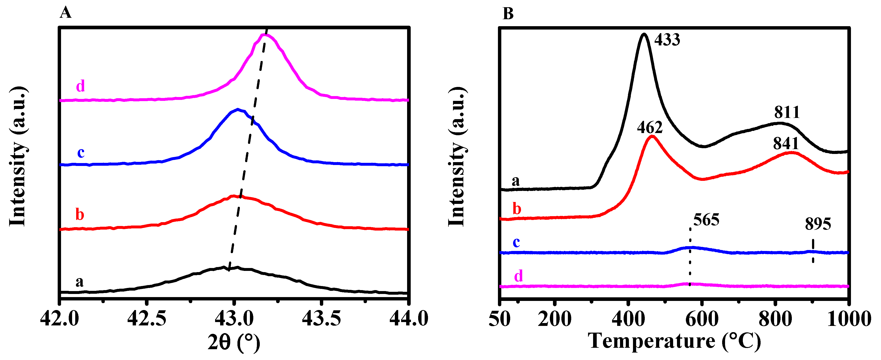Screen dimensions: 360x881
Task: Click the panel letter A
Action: (65, 13)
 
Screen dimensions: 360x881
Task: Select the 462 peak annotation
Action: (650, 128)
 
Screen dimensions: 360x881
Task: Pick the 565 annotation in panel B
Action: (706, 220)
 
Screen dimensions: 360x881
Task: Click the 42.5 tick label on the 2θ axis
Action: (147, 319)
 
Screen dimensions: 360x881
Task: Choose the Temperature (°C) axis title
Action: (674, 341)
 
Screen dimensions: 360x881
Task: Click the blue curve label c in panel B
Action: (516, 242)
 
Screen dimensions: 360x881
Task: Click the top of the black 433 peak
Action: (644, 34)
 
